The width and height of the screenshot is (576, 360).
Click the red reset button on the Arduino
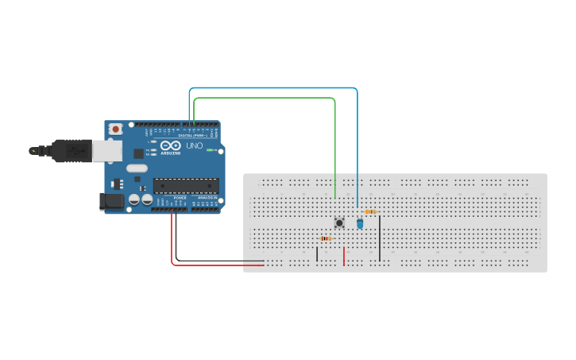pos(116,129)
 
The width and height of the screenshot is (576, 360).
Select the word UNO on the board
pos(194,146)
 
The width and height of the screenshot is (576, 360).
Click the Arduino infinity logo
pos(171,145)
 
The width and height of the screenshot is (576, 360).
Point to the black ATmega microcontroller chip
pos(186,186)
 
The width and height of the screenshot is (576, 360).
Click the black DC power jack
pos(113,202)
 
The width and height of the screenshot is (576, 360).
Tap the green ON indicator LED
pos(210,149)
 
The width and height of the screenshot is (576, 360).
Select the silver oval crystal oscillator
pos(137,168)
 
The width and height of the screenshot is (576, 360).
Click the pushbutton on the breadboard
pos(339,223)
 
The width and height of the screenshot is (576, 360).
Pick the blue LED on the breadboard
pos(360,224)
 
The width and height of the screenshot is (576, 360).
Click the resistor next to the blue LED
pos(370,211)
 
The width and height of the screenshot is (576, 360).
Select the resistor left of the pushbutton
pos(325,238)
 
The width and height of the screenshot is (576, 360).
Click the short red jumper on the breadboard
pos(343,256)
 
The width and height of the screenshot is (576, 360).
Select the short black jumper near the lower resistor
pos(317,254)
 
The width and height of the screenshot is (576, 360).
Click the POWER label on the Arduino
pos(180,198)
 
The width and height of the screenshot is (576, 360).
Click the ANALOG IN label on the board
pos(206,198)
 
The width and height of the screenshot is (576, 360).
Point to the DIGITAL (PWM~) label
pos(195,135)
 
